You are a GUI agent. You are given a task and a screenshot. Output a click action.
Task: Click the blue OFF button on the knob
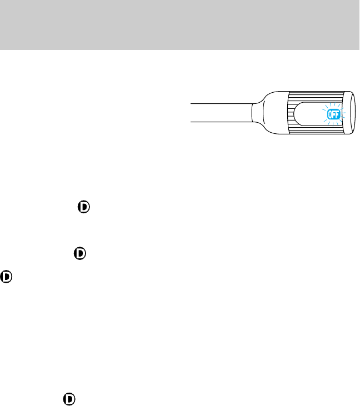pyautogui.click(x=333, y=115)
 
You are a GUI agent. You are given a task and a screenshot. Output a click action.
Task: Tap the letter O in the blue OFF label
pyautogui.click(x=329, y=115)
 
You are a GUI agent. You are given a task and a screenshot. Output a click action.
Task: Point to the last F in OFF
pyautogui.click(x=337, y=115)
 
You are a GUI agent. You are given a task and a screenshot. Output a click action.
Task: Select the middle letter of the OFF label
pyautogui.click(x=333, y=115)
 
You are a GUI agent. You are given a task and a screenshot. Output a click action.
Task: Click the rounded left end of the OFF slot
pyautogui.click(x=298, y=113)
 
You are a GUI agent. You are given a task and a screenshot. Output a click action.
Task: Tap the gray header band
pyautogui.click(x=180, y=25)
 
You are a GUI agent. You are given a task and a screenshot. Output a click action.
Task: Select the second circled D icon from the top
pyautogui.click(x=80, y=253)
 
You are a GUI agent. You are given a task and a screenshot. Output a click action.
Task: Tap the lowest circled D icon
pyautogui.click(x=69, y=399)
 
